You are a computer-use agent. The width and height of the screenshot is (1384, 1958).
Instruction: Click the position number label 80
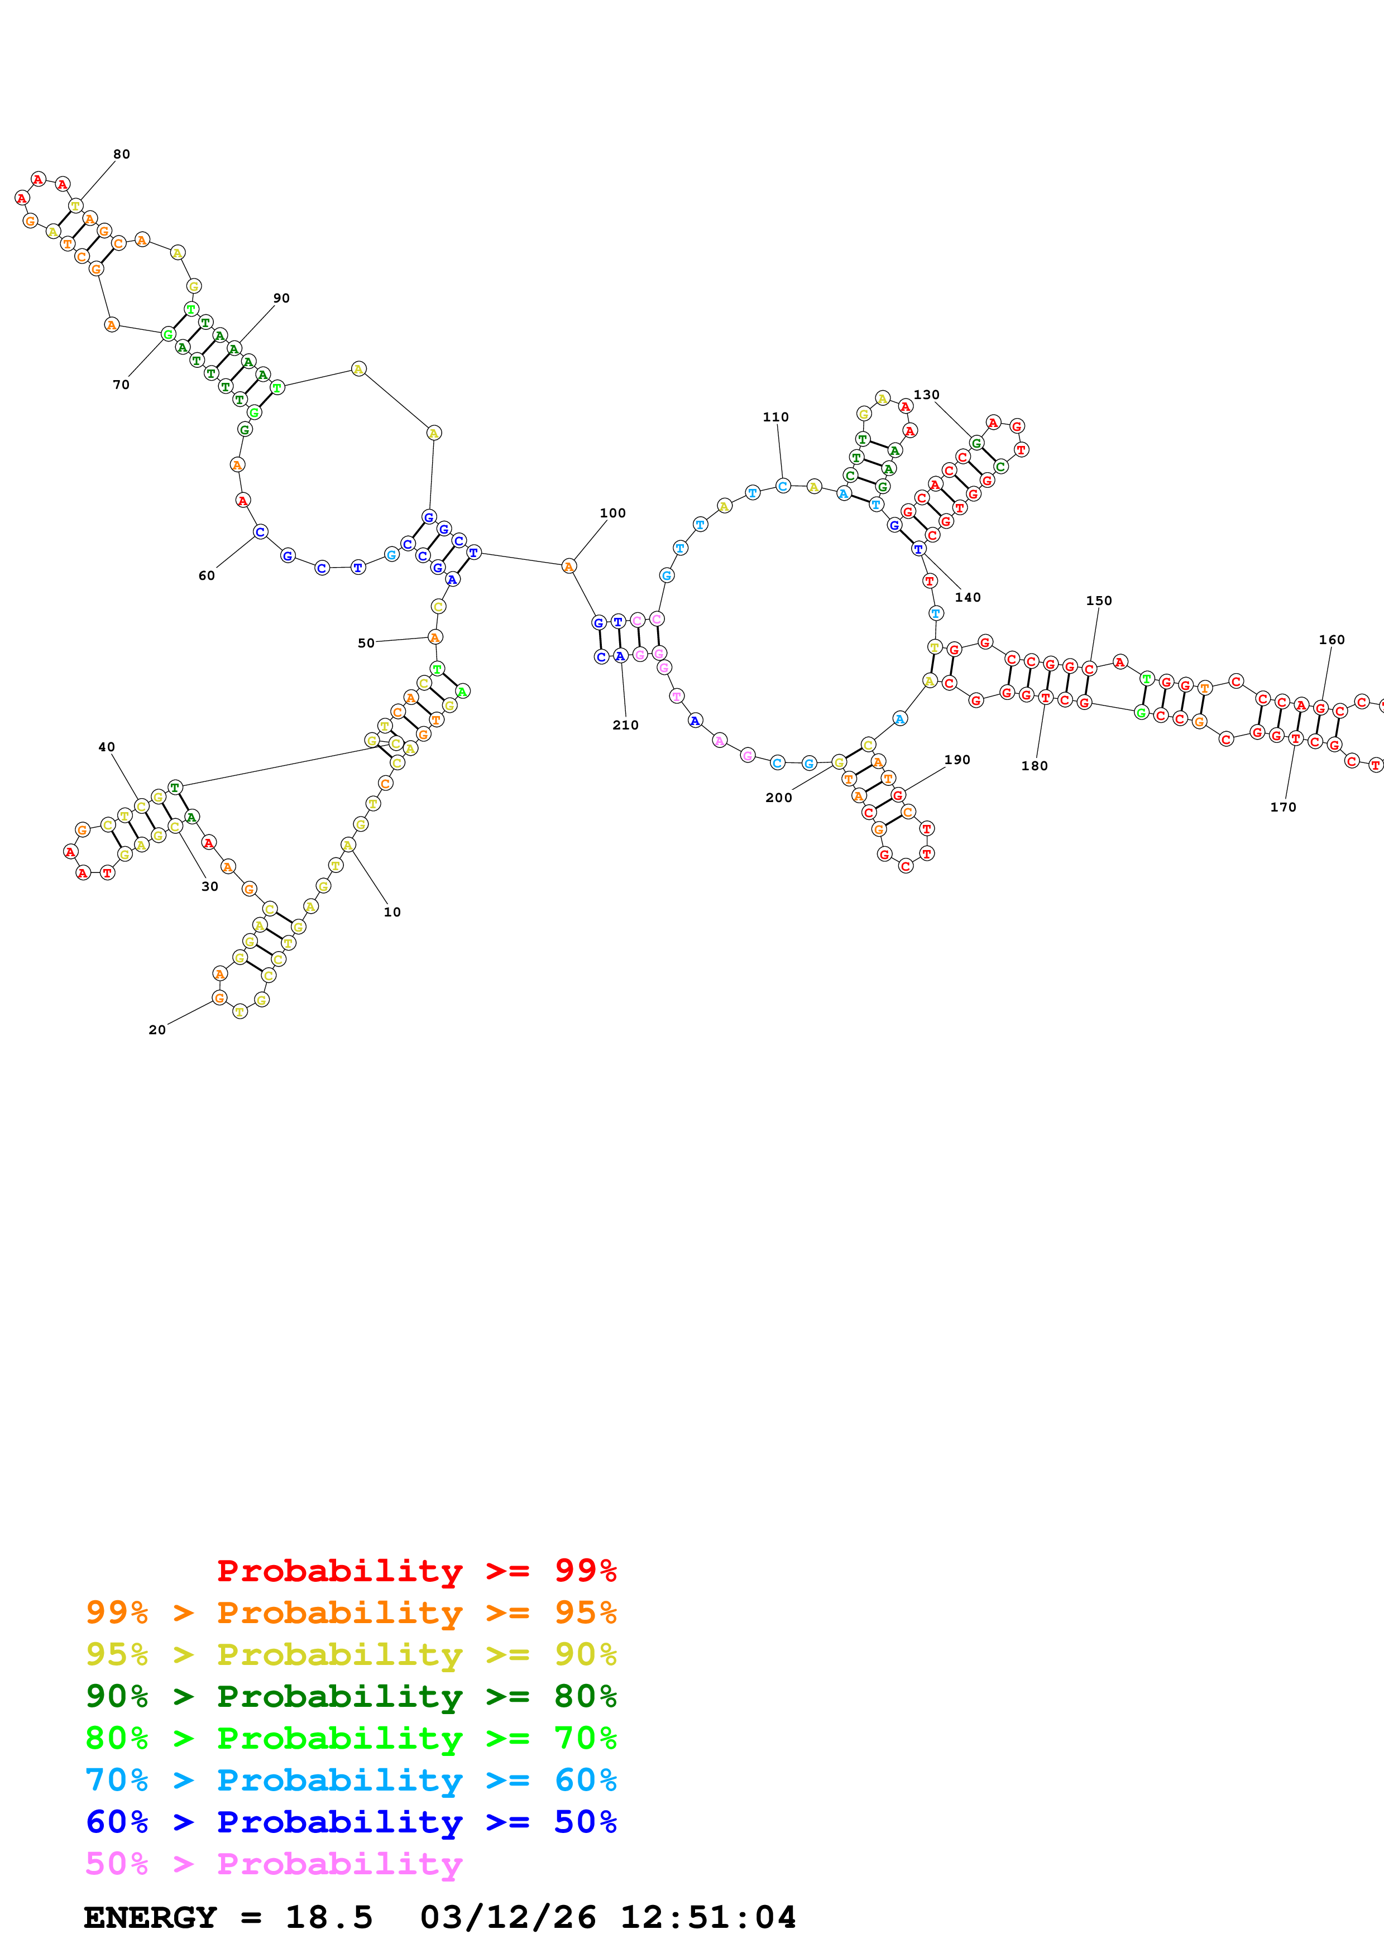point(122,155)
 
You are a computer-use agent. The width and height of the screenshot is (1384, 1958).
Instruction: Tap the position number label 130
point(926,395)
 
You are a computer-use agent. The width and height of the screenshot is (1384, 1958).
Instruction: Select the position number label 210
point(625,725)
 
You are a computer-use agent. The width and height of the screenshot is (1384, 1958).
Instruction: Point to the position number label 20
point(157,1030)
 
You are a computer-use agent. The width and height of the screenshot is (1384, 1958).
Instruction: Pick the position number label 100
point(612,512)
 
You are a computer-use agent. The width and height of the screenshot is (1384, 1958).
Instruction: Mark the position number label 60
point(207,575)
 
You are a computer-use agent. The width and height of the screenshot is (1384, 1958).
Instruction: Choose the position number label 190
point(957,760)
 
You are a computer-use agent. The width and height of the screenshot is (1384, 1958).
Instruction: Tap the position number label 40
point(107,747)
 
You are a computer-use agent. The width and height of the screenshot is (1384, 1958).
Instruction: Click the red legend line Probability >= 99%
point(416,1570)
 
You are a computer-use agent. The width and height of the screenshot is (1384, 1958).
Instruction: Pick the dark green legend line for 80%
point(351,1696)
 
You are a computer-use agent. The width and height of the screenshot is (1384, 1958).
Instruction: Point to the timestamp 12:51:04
point(708,1918)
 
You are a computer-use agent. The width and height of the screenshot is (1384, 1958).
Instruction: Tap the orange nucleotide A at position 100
point(569,567)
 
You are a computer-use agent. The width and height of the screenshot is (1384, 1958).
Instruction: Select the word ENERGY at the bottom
point(150,1918)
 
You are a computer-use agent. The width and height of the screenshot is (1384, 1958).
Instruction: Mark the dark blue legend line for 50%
point(351,1822)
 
